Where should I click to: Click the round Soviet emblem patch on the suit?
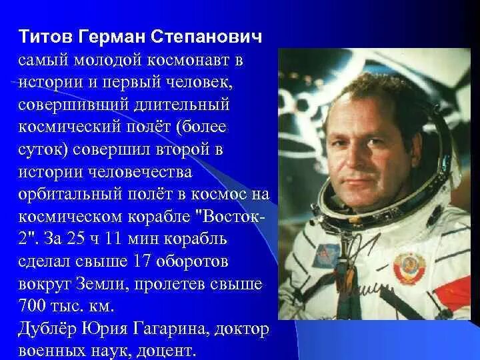[x=409, y=267]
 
